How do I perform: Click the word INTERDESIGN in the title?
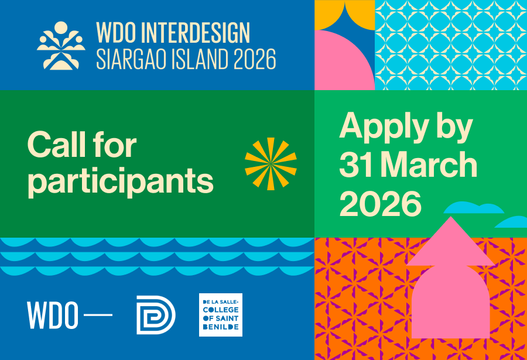pos(196,33)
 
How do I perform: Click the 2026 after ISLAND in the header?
pos(255,59)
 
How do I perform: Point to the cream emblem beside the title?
pos(61,46)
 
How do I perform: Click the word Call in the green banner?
pos(56,145)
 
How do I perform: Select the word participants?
pos(120,182)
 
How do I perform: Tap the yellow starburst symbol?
pos(271,164)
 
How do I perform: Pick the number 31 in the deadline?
pos(356,164)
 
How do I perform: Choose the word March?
pos(430,164)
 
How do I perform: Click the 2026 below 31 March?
pos(380,203)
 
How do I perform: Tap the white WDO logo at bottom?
pos(53,316)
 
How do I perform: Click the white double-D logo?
pos(156,315)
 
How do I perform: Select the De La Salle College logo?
pos(221,315)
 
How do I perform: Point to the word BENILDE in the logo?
pos(221,327)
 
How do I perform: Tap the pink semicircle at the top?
pos(344,60)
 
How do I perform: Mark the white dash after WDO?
pos(98,315)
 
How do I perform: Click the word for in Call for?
pos(115,145)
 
